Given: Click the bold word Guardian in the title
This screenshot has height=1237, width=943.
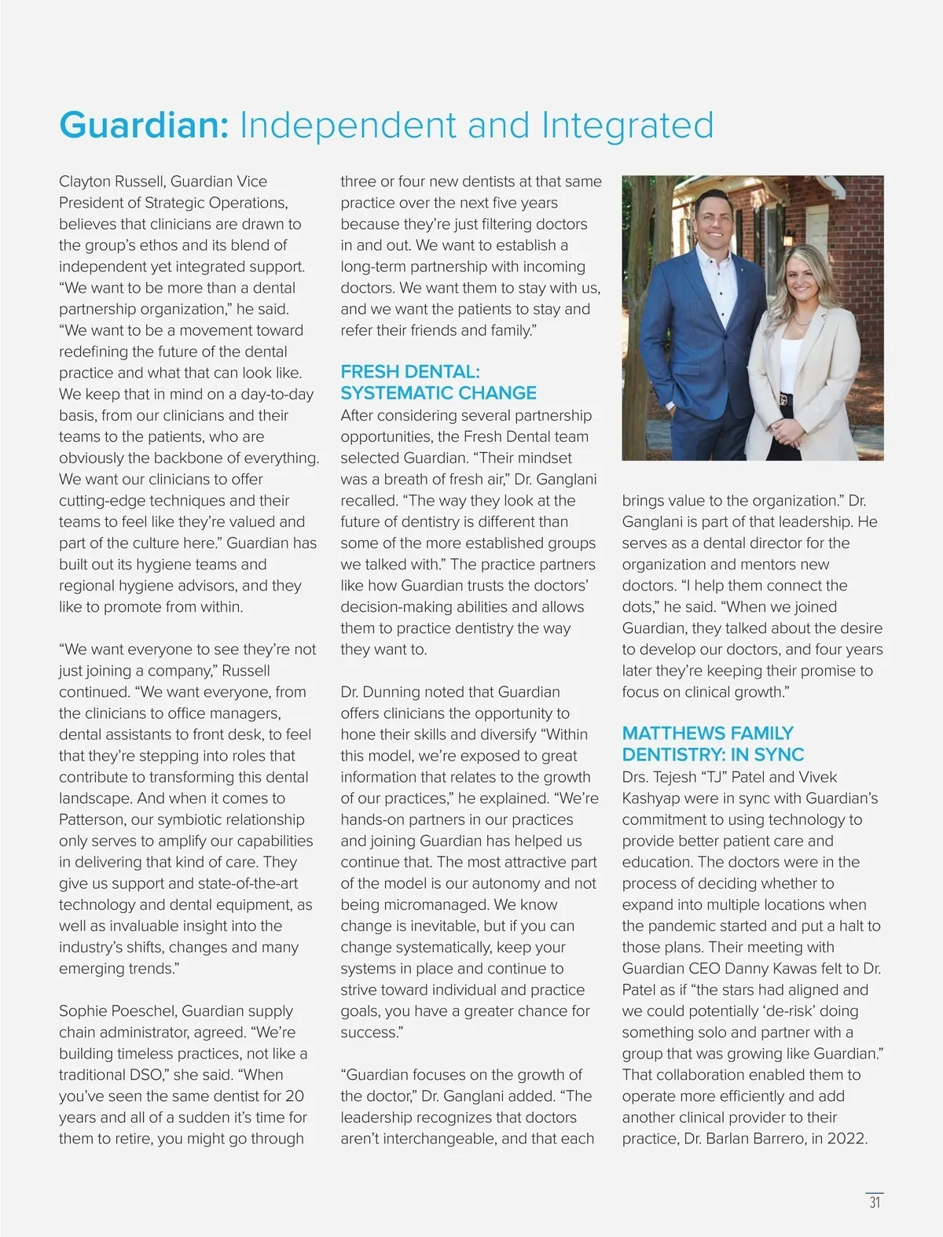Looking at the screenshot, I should click(x=144, y=126).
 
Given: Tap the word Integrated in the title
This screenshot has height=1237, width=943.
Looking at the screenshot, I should click(x=627, y=126).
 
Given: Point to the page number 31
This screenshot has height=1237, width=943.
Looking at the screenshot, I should click(x=875, y=1202).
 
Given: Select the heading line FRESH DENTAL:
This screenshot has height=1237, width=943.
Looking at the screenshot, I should click(x=409, y=372).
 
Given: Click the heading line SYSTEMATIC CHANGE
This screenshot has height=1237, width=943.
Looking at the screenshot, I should click(x=438, y=393).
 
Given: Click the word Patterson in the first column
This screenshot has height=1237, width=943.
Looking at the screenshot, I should click(x=92, y=819).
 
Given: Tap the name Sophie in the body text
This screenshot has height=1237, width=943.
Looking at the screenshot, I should click(x=85, y=1011).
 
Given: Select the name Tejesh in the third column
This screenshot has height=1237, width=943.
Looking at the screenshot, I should click(x=666, y=777).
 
